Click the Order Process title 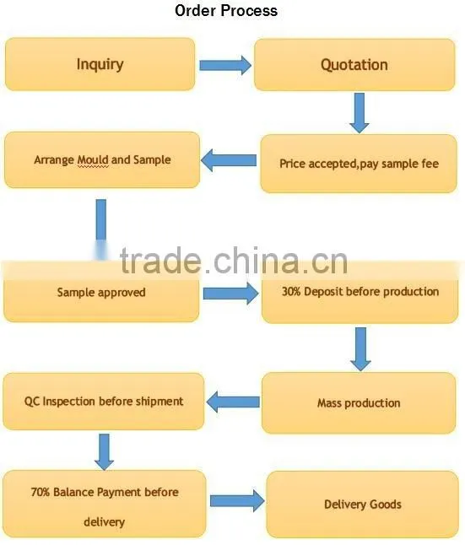(x=226, y=10)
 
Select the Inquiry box (x=100, y=64)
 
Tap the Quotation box (x=354, y=65)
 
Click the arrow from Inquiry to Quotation (x=225, y=65)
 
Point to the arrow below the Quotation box (x=360, y=112)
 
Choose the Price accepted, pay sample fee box (x=359, y=164)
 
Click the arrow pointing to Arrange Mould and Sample (x=229, y=160)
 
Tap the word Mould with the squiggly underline (x=93, y=160)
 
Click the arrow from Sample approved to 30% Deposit (x=231, y=294)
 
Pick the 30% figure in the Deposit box (x=291, y=291)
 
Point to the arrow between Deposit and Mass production (x=360, y=349)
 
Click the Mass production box (x=359, y=402)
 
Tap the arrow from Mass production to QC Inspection (x=233, y=402)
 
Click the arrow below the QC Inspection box (x=104, y=452)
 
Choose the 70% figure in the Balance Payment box (x=41, y=492)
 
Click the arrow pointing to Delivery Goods (x=237, y=501)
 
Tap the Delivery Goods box (x=362, y=505)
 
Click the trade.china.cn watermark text (x=234, y=261)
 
